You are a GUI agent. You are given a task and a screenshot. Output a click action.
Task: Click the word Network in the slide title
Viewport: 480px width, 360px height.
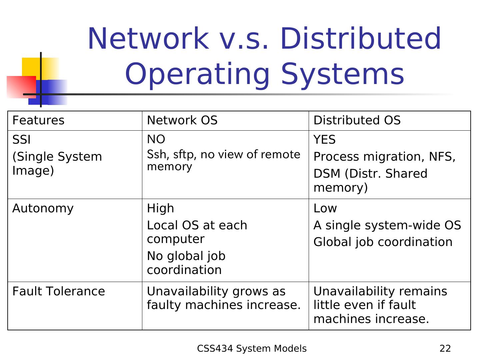[147, 39]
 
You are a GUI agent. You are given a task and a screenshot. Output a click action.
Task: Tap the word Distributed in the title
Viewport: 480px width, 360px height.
[361, 39]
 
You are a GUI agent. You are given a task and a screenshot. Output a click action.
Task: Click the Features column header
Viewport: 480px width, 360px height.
[38, 120]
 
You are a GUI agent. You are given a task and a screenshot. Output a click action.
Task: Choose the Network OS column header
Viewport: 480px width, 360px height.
[182, 120]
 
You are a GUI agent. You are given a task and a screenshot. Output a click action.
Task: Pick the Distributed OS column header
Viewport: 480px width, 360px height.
[357, 120]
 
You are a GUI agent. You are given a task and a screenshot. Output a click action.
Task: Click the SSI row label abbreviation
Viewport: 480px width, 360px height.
[21, 140]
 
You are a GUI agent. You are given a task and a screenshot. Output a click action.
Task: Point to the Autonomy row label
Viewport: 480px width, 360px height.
[43, 208]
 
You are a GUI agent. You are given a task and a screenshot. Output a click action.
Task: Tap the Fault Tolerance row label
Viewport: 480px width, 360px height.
[59, 291]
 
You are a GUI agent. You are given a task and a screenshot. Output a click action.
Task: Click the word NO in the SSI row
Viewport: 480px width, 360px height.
[156, 139]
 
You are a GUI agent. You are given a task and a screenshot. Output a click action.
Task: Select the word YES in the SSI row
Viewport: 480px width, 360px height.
[324, 140]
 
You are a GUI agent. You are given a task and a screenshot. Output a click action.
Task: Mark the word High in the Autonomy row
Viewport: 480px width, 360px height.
[160, 208]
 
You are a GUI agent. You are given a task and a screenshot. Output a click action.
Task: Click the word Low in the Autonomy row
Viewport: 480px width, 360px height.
[325, 208]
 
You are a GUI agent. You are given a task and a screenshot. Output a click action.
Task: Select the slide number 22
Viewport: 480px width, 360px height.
[445, 349]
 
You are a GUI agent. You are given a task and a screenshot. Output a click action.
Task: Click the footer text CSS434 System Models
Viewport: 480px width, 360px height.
[252, 349]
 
